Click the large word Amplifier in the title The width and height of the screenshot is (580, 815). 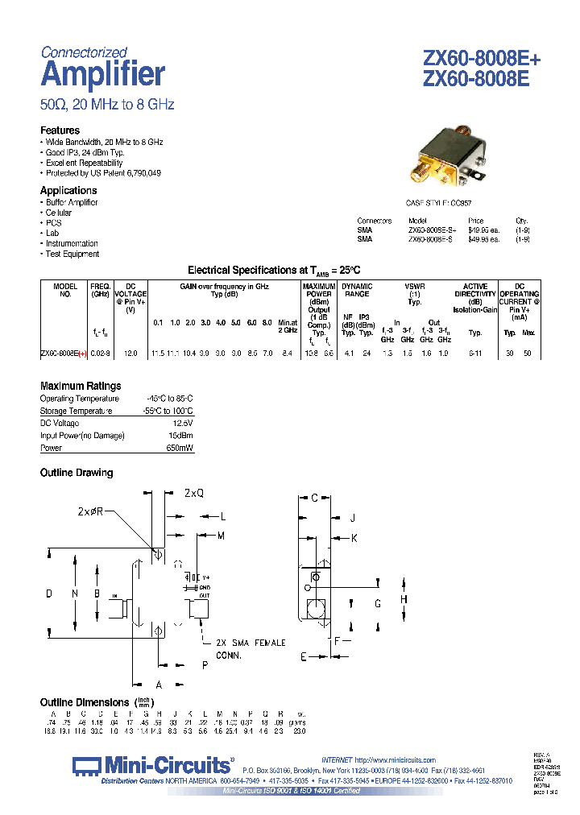(x=102, y=75)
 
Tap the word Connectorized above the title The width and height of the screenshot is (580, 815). (x=84, y=52)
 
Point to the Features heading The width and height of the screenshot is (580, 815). (x=60, y=130)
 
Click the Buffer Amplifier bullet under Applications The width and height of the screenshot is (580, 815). (x=72, y=203)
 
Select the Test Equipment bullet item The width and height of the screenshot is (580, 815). (x=72, y=254)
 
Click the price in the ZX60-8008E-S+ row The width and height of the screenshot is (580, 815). (x=483, y=230)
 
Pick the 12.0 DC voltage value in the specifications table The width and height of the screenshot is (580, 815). (x=130, y=354)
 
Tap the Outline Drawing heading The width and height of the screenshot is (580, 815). (x=77, y=473)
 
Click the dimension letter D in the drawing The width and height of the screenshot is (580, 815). (x=49, y=594)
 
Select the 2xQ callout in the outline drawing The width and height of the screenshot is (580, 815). (x=194, y=492)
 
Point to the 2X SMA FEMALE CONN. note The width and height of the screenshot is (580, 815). (x=250, y=647)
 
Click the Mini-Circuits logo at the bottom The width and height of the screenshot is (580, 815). (x=152, y=765)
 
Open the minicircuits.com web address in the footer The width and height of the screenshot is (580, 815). (x=394, y=760)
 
